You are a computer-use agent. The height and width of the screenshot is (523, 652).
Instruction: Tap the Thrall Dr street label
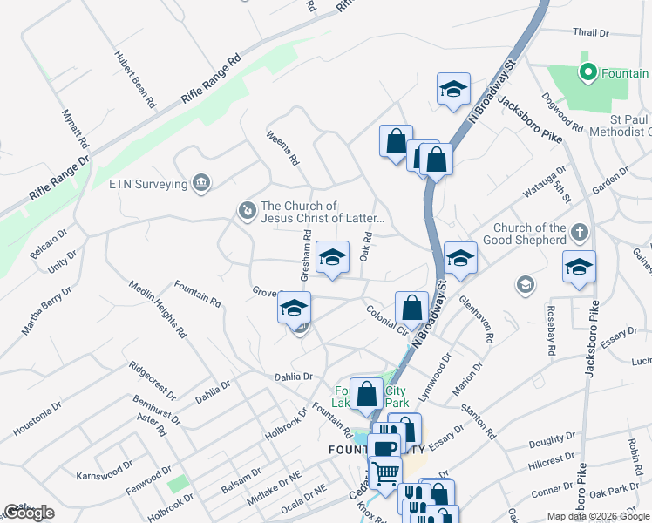pyautogui.click(x=591, y=33)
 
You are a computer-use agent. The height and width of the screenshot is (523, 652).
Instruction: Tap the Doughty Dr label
pyautogui.click(x=547, y=443)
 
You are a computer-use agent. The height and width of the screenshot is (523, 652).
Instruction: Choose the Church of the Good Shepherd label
pyautogui.click(x=530, y=234)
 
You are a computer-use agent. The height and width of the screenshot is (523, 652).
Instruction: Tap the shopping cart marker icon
pyautogui.click(x=385, y=473)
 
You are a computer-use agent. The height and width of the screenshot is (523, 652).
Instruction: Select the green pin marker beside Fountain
pyautogui.click(x=587, y=73)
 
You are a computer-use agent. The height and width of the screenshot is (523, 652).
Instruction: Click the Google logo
pyautogui.click(x=29, y=513)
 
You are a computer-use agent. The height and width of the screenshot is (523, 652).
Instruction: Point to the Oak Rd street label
pyautogui.click(x=367, y=246)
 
